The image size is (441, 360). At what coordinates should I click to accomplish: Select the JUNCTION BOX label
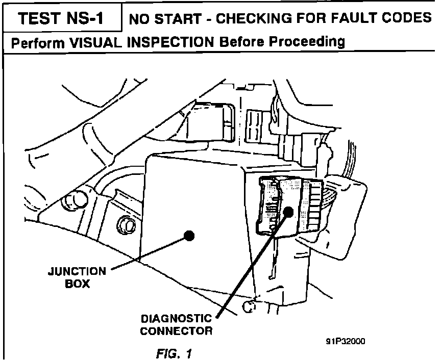click(x=77, y=277)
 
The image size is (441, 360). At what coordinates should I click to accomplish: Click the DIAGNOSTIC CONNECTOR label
click(x=176, y=324)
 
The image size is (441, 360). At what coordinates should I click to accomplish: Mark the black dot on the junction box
click(x=189, y=236)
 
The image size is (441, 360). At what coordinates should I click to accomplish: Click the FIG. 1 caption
click(x=175, y=352)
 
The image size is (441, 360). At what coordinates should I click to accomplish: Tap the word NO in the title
click(x=138, y=19)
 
